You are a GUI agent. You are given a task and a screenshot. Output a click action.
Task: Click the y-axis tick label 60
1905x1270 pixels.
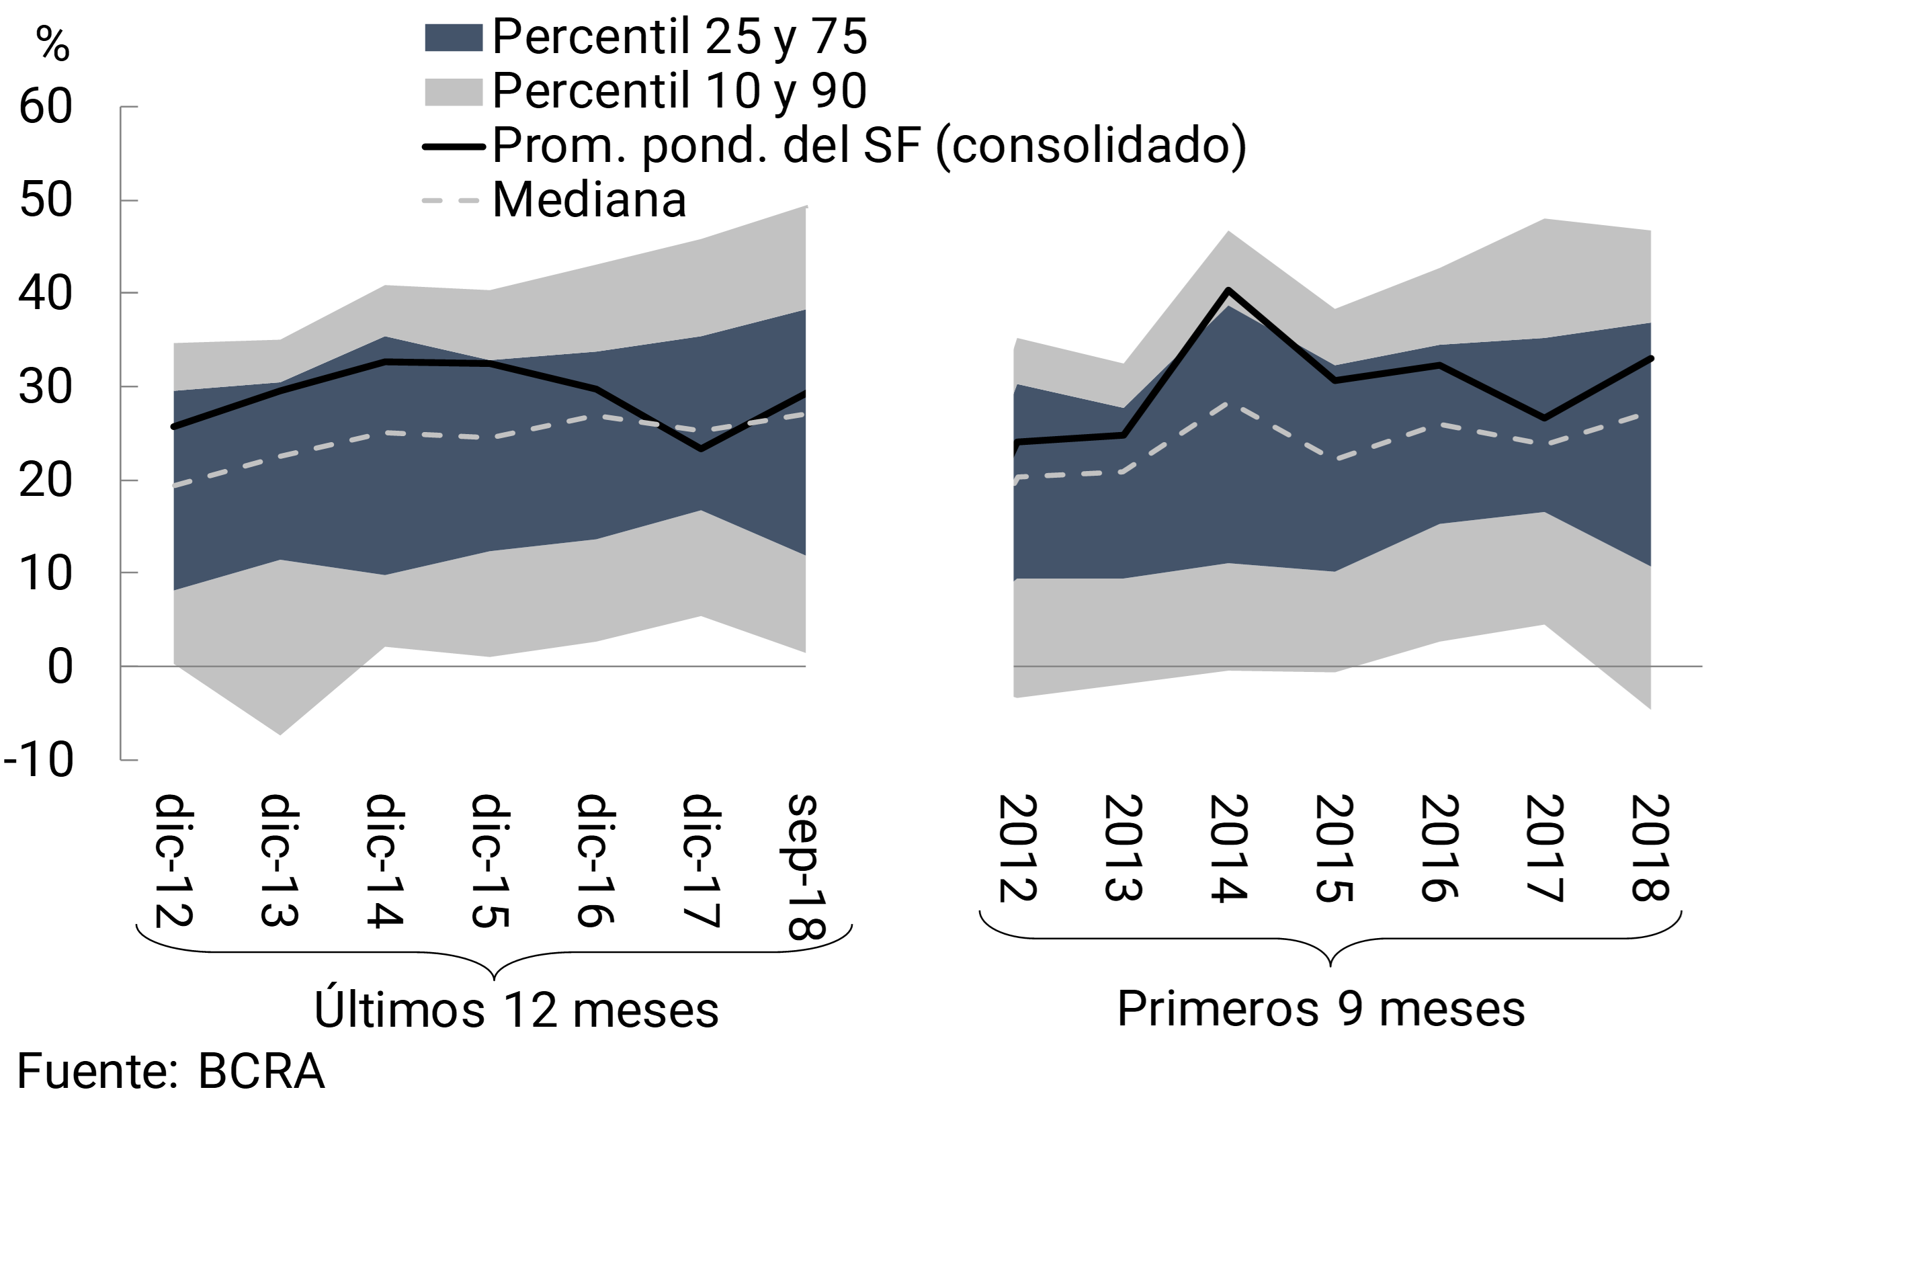tap(46, 106)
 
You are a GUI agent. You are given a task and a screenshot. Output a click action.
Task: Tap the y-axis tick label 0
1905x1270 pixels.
tap(60, 667)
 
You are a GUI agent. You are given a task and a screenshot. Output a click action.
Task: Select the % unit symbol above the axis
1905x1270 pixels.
tap(52, 44)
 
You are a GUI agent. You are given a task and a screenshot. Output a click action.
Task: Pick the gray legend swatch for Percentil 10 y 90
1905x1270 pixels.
tap(454, 91)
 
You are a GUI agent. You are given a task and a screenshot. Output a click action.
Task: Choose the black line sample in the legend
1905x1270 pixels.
tap(454, 146)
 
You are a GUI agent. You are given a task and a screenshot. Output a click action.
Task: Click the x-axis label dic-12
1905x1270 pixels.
tap(173, 860)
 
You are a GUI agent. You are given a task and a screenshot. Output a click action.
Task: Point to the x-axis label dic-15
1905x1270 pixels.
tap(490, 860)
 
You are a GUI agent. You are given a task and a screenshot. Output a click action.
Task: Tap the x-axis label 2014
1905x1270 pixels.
tap(1228, 848)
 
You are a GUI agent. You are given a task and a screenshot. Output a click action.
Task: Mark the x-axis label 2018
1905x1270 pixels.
tap(1649, 848)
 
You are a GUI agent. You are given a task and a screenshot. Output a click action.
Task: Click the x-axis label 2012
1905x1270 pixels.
tap(1017, 848)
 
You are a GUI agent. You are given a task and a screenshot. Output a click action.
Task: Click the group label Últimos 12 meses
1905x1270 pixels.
tap(516, 1010)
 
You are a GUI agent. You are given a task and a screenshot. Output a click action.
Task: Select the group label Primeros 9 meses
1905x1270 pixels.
tap(1321, 1009)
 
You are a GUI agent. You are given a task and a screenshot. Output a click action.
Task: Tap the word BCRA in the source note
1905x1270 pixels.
tap(261, 1072)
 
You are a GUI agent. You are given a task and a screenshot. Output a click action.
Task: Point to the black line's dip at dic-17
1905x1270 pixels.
tap(701, 449)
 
